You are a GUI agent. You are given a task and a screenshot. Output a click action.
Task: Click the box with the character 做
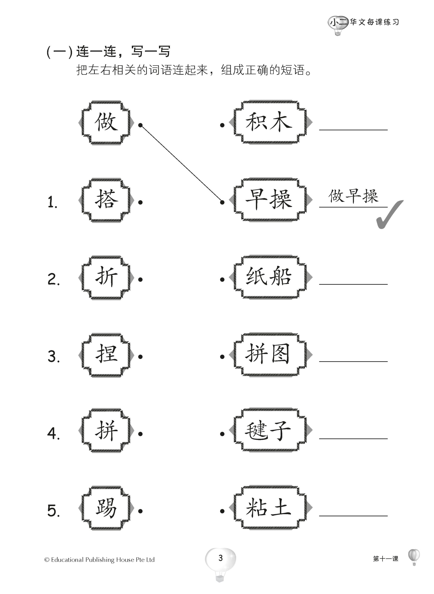106,122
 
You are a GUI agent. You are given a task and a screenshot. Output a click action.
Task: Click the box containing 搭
106,200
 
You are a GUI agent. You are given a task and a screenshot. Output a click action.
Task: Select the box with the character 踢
106,508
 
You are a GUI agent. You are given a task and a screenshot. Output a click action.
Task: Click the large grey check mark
389,215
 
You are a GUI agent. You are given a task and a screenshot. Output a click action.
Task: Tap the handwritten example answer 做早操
353,196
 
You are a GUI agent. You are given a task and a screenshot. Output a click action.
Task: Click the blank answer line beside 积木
353,129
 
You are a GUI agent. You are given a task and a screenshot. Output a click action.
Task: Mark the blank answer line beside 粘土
353,515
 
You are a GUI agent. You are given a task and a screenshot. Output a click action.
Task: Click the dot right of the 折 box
140,279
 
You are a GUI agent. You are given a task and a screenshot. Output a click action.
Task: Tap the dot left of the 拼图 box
222,357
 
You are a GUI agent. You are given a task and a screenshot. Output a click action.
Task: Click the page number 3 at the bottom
220,558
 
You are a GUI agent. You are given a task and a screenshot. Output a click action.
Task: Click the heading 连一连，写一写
123,52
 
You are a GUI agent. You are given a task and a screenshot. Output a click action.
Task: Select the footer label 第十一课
385,559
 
